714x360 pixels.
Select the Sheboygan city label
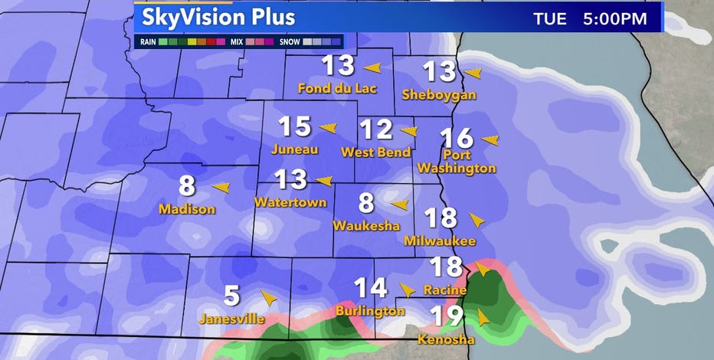439,95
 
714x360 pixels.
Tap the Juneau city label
295,149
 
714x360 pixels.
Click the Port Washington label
468,161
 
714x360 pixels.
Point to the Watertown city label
290,203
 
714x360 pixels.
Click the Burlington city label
370,311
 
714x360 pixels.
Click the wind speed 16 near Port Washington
457,138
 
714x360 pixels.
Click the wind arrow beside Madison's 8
221,187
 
